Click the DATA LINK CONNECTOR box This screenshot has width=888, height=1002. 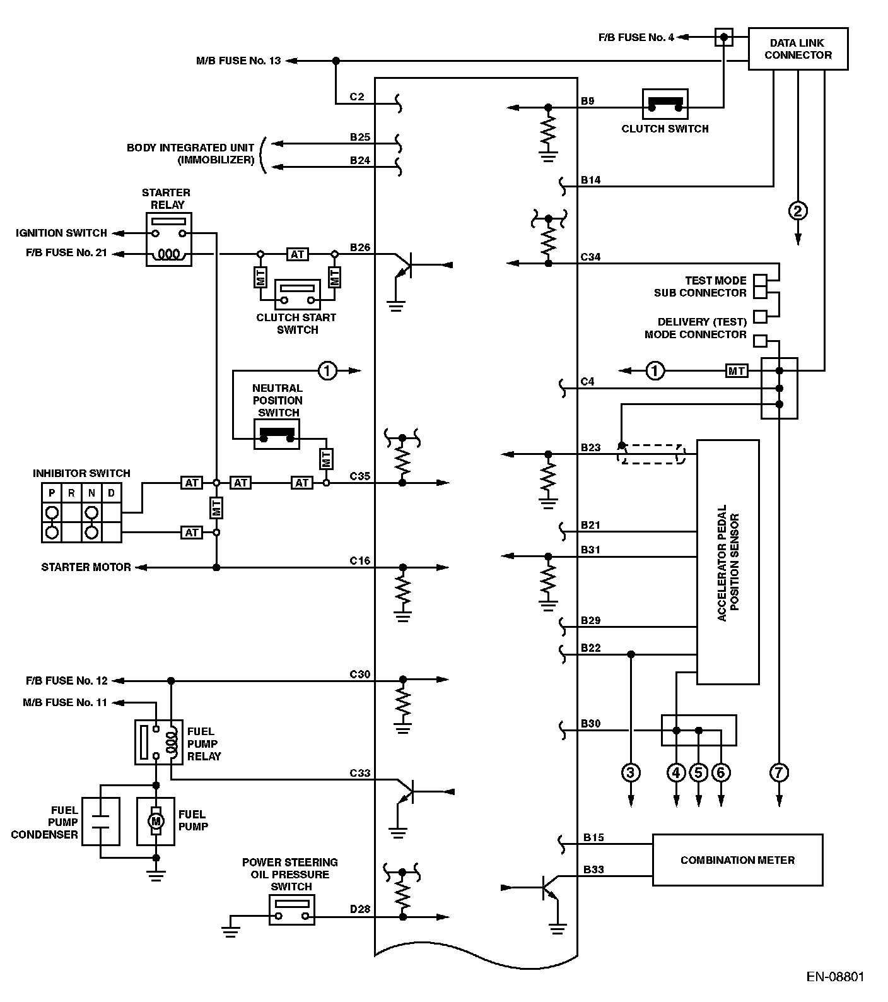coord(798,49)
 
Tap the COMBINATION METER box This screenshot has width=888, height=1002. coord(737,859)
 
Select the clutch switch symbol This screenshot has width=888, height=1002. coord(665,104)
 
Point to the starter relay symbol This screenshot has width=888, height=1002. coord(169,239)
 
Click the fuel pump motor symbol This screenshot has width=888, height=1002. coord(156,820)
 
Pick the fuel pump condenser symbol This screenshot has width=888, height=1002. coord(101,820)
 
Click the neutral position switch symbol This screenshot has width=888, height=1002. coord(276,434)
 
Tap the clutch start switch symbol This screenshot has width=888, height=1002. coord(297,293)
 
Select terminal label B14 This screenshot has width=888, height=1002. coord(590,180)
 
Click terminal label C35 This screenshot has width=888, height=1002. coord(360,476)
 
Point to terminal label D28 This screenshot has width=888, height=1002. coord(360,909)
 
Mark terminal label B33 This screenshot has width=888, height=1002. coord(593,869)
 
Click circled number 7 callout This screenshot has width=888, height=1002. coord(780,772)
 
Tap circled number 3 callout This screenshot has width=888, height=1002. coord(631,772)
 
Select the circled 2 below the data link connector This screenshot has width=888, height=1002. coord(798,210)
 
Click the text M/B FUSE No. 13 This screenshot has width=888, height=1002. coord(238,61)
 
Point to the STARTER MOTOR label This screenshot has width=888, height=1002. coord(86,567)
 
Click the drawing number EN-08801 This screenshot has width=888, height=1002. coord(835,977)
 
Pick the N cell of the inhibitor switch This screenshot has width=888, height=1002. coord(91,493)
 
